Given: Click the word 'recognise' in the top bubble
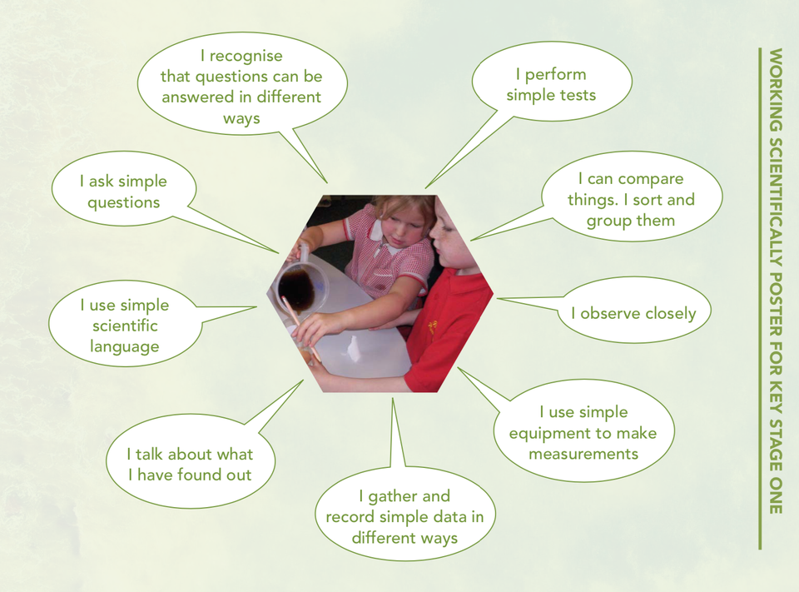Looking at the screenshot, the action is [x=246, y=56].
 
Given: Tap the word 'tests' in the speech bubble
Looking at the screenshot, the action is [x=577, y=95].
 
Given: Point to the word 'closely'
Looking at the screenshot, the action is [x=667, y=313].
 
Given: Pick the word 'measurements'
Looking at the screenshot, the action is [x=583, y=454].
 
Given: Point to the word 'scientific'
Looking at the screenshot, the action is [x=125, y=326].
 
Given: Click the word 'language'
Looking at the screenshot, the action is [x=125, y=346].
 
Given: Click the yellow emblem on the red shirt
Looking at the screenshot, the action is [x=434, y=326].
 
